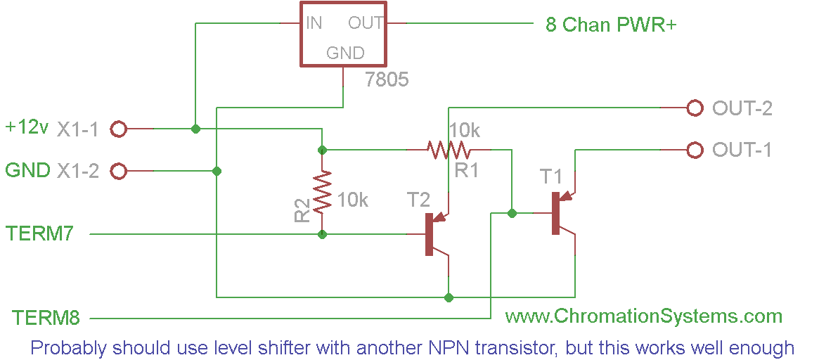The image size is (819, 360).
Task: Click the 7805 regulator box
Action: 343,34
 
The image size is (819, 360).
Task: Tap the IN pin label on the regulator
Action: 314,22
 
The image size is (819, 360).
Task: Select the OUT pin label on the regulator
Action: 366,22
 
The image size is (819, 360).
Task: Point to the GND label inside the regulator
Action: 345,53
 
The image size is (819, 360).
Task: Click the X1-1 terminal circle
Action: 119,129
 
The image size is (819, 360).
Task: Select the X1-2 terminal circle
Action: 119,171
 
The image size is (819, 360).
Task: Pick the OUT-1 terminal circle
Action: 695,150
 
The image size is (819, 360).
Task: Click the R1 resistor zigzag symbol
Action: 448,150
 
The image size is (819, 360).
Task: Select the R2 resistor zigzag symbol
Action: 322,192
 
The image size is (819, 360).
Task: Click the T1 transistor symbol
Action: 560,212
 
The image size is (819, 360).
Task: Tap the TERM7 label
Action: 39,233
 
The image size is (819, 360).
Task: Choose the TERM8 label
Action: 46,319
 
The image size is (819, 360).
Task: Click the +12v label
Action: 27,128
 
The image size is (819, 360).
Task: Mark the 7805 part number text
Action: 387,79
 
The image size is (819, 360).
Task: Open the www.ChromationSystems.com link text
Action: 643,316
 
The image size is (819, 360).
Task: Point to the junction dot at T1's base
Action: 512,213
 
